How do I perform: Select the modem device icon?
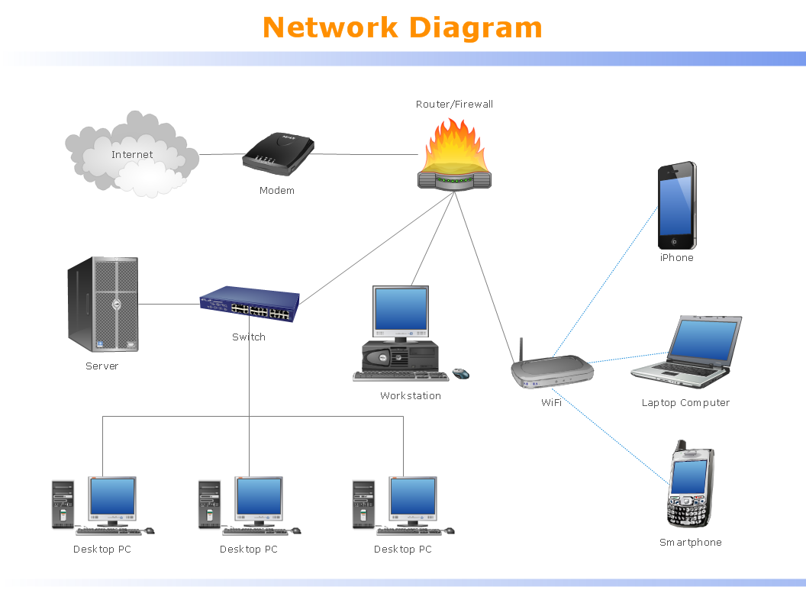click(279, 152)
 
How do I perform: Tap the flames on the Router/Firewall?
click(454, 145)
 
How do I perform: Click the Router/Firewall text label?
click(454, 104)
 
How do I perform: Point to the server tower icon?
click(103, 304)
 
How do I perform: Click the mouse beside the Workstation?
click(460, 374)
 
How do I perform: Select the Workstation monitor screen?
click(401, 308)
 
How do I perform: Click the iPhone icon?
click(677, 205)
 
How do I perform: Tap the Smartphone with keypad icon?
click(690, 485)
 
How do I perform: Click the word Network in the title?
click(330, 28)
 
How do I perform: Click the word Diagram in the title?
click(476, 28)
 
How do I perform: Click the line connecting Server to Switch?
click(169, 304)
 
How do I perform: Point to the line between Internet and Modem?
click(221, 154)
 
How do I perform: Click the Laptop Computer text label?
click(685, 403)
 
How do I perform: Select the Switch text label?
click(249, 337)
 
